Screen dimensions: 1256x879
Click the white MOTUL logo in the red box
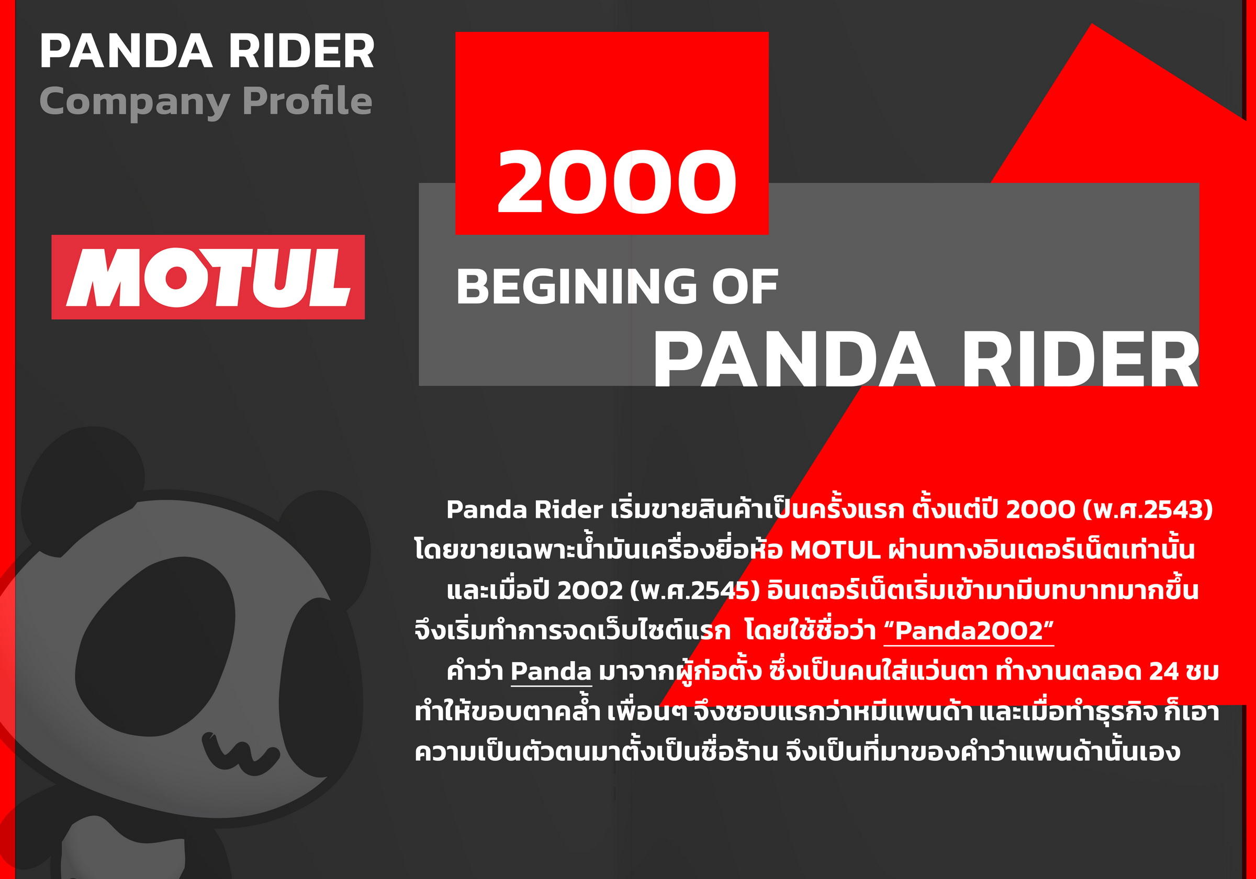click(208, 277)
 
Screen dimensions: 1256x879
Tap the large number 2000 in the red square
click(616, 182)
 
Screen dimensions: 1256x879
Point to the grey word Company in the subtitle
click(134, 103)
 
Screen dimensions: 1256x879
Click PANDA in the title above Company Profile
click(126, 51)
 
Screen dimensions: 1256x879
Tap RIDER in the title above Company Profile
click(301, 51)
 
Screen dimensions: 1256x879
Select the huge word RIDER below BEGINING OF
click(1080, 360)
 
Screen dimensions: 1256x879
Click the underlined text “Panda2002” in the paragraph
click(969, 630)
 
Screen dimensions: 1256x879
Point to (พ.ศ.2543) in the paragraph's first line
click(1148, 509)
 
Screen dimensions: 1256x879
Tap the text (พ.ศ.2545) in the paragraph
click(695, 591)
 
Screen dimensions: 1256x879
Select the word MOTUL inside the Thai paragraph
click(835, 550)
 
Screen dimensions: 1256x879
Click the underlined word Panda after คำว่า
click(551, 671)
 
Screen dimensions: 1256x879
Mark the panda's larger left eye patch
click(156, 646)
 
